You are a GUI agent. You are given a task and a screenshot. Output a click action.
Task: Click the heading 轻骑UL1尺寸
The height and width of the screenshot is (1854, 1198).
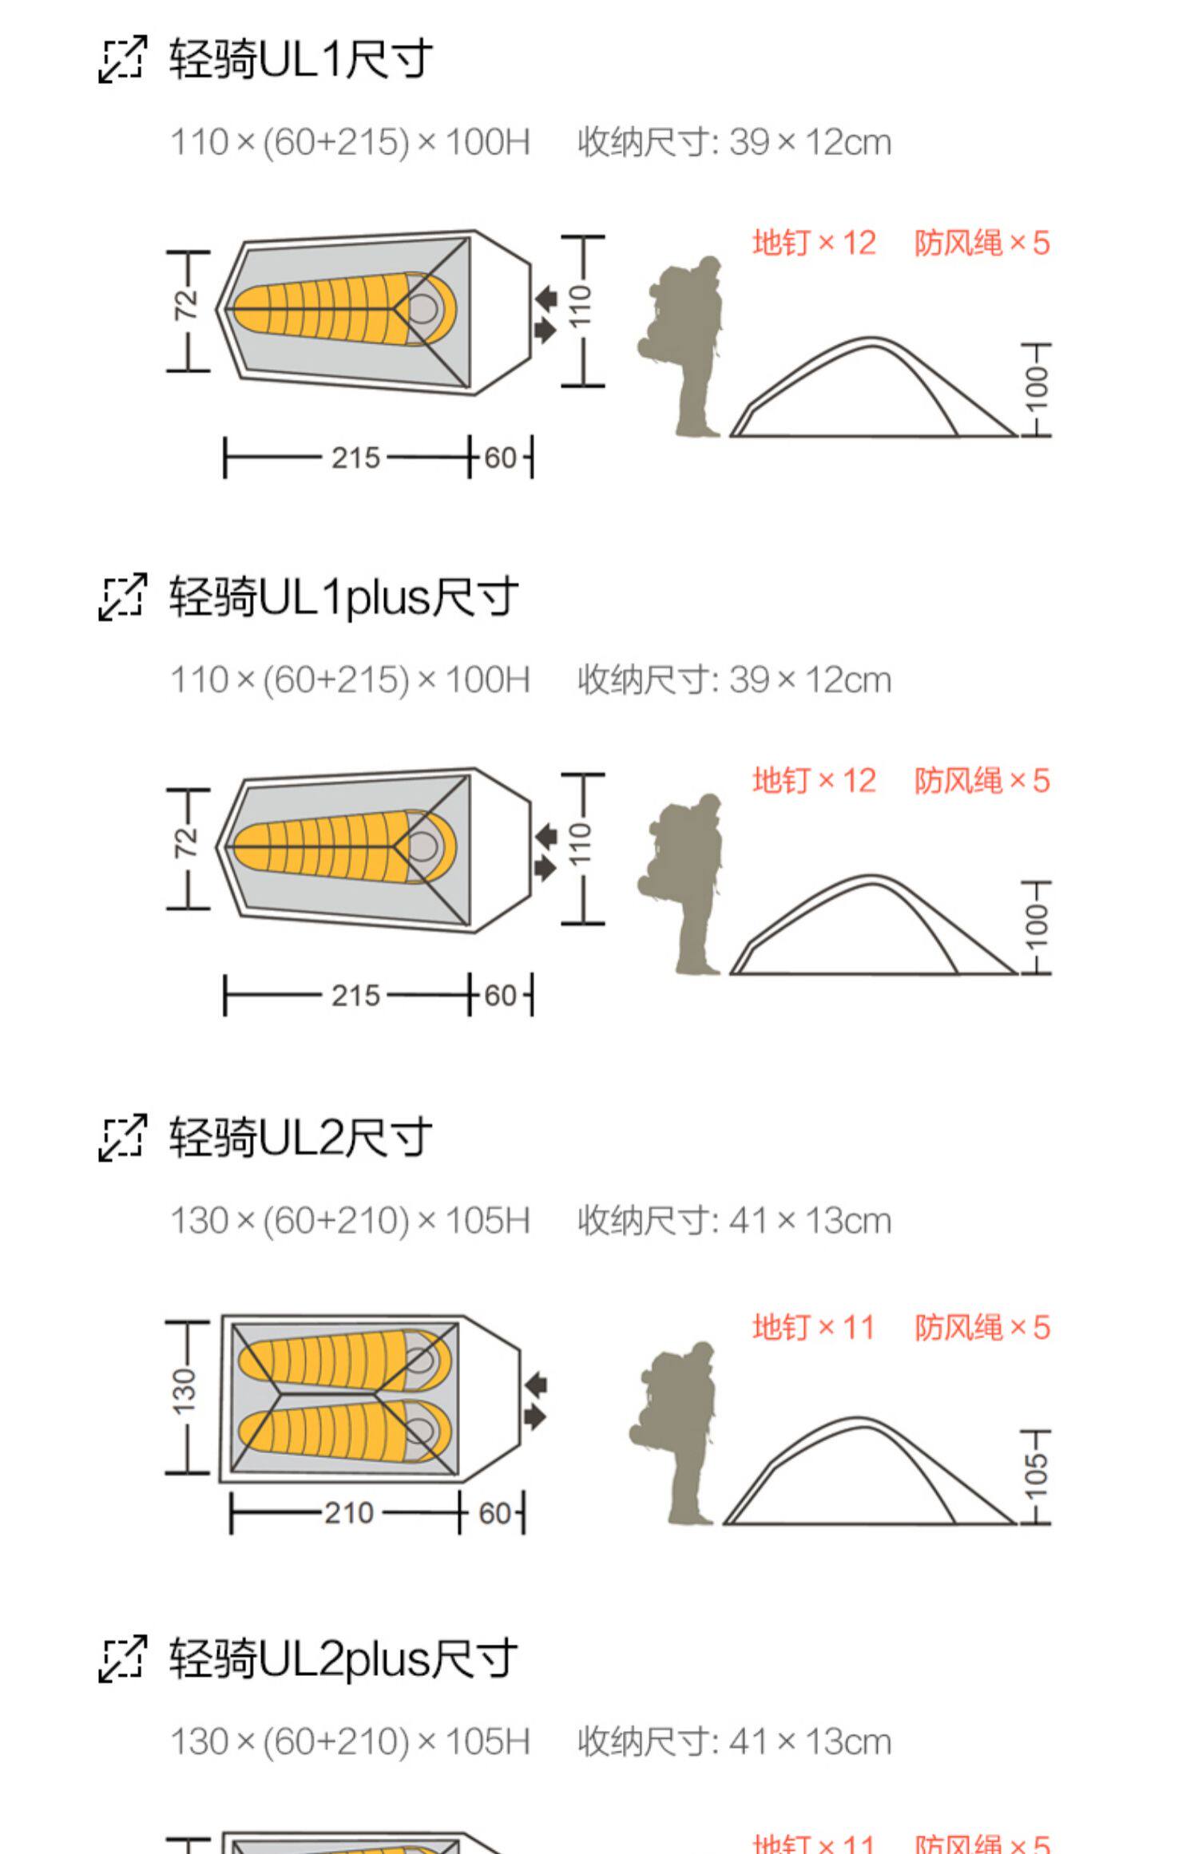[x=300, y=59]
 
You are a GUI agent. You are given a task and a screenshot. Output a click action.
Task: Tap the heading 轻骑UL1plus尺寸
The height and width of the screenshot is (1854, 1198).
[x=343, y=597]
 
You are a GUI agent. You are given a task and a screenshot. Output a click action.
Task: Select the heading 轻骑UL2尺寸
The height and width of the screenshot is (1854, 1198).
[x=300, y=1137]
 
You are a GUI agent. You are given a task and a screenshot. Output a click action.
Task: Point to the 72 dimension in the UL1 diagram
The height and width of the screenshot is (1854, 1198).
[x=186, y=304]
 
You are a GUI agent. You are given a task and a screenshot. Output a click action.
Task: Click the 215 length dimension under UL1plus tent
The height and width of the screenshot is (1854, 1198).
[x=356, y=996]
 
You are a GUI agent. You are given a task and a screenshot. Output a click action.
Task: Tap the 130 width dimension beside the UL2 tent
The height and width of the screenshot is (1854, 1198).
[x=184, y=1390]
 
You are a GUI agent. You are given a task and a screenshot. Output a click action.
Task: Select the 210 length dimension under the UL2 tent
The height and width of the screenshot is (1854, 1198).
[x=349, y=1512]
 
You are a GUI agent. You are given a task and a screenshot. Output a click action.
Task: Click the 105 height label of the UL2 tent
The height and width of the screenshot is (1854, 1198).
[x=1036, y=1476]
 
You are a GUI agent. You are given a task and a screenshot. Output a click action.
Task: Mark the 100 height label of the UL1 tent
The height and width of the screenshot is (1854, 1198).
[x=1036, y=389]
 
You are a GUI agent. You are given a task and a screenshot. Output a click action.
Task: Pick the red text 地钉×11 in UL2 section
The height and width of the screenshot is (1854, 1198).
[x=813, y=1327]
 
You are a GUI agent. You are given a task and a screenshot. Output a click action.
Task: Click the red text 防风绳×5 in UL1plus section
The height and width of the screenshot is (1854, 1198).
[x=982, y=780]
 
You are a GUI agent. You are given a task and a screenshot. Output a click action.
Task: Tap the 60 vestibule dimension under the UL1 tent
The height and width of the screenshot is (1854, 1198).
[x=501, y=458]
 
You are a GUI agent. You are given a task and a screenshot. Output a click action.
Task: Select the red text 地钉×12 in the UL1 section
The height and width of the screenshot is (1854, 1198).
[x=814, y=243]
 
